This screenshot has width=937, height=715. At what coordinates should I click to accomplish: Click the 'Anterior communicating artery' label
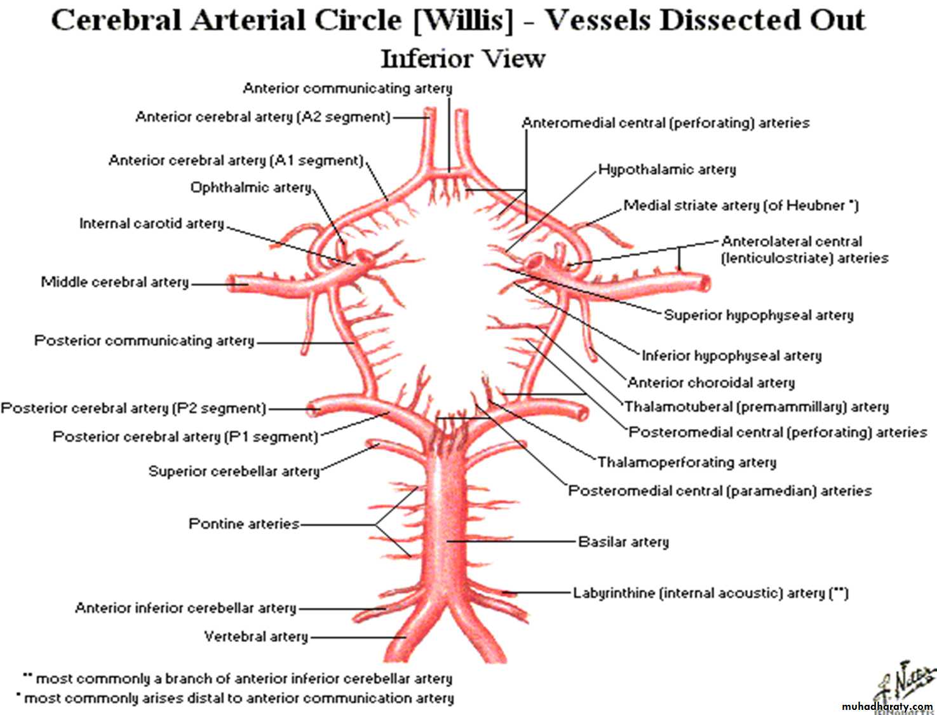(x=347, y=88)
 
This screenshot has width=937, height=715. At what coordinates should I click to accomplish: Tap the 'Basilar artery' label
(x=623, y=542)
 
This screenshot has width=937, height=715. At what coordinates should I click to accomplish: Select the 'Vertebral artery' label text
(x=256, y=636)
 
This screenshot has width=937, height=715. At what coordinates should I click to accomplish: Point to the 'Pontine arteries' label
(x=244, y=524)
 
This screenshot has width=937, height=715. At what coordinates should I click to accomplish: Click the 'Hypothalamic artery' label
(x=667, y=170)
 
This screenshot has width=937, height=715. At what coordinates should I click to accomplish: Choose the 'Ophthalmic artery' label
(x=251, y=187)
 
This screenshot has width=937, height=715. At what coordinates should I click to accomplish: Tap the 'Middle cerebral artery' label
(x=115, y=282)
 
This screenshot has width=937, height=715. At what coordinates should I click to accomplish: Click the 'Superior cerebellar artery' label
(x=234, y=471)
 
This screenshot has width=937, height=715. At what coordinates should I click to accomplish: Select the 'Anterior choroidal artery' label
(x=711, y=383)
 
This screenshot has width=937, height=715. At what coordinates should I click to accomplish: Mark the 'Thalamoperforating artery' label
(x=687, y=462)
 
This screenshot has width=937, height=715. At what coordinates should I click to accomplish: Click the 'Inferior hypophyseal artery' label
(x=731, y=355)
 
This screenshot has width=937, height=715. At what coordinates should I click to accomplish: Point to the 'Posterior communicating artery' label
(x=144, y=341)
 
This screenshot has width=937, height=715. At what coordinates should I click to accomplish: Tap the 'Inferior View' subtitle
(x=462, y=58)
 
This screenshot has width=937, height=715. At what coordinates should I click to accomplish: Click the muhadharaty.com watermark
(x=887, y=707)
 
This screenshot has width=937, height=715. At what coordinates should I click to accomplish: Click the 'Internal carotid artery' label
(x=152, y=224)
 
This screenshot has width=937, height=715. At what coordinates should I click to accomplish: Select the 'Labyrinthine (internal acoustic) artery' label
(x=710, y=593)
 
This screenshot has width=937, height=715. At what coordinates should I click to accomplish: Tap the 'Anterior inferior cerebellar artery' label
(x=185, y=608)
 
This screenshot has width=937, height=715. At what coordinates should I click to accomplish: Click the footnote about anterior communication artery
(x=238, y=698)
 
